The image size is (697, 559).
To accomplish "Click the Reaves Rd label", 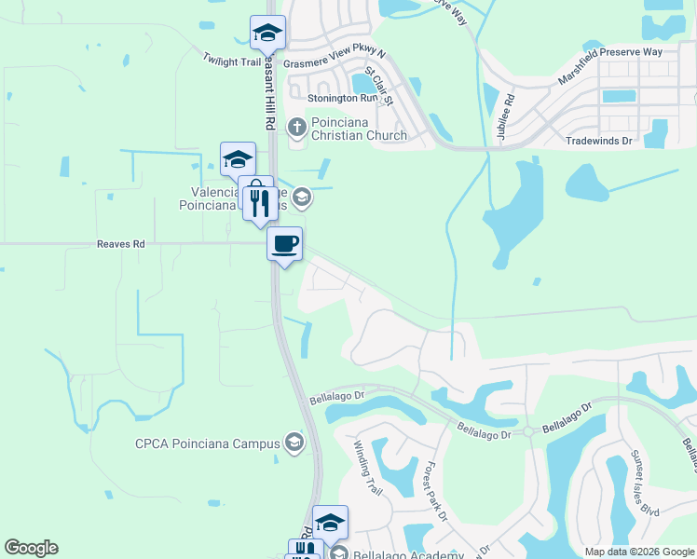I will pyautogui.click(x=121, y=244).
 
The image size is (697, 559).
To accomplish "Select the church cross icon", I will pyautogui.click(x=297, y=125).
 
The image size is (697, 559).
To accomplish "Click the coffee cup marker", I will pyautogui.click(x=284, y=244).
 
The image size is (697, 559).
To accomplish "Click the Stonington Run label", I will pyautogui.click(x=321, y=98).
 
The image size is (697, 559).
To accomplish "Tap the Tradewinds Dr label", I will pyautogui.click(x=599, y=141).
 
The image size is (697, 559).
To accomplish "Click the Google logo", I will pyautogui.click(x=31, y=548).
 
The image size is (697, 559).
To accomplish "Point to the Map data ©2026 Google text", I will pyautogui.click(x=638, y=552).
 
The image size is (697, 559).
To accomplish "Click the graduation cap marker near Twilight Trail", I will pyautogui.click(x=267, y=33).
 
